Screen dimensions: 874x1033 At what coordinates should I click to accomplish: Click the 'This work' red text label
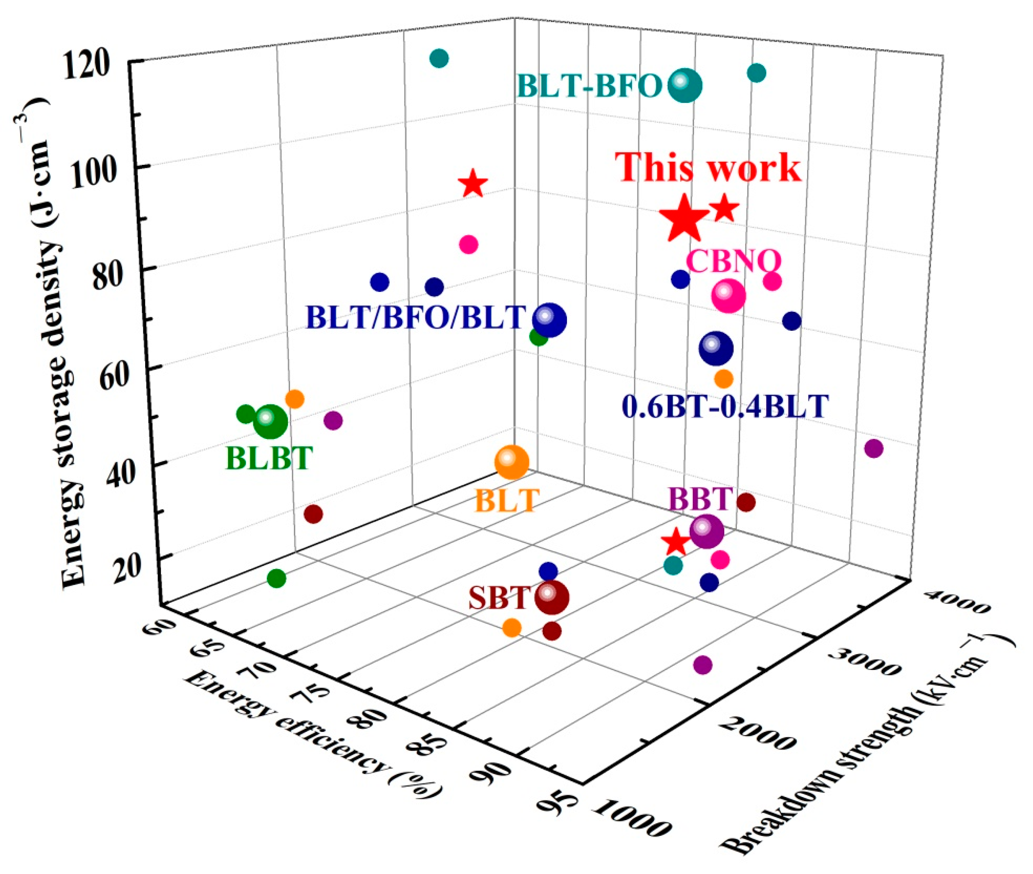pyautogui.click(x=708, y=167)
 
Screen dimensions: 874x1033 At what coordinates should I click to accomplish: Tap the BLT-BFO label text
pyautogui.click(x=589, y=86)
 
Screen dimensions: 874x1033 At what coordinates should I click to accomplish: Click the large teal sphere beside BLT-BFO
pyautogui.click(x=685, y=86)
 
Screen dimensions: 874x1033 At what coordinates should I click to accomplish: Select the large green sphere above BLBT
pyautogui.click(x=270, y=421)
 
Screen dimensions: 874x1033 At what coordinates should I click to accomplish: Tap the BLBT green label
pyautogui.click(x=269, y=458)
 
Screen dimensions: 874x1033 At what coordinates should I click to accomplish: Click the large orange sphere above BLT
pyautogui.click(x=511, y=462)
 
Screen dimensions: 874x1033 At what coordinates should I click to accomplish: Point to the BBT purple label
pyautogui.click(x=700, y=499)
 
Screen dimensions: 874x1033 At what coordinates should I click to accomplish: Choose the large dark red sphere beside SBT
pyautogui.click(x=552, y=598)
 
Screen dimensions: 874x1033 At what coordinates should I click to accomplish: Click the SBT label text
pyautogui.click(x=499, y=598)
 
